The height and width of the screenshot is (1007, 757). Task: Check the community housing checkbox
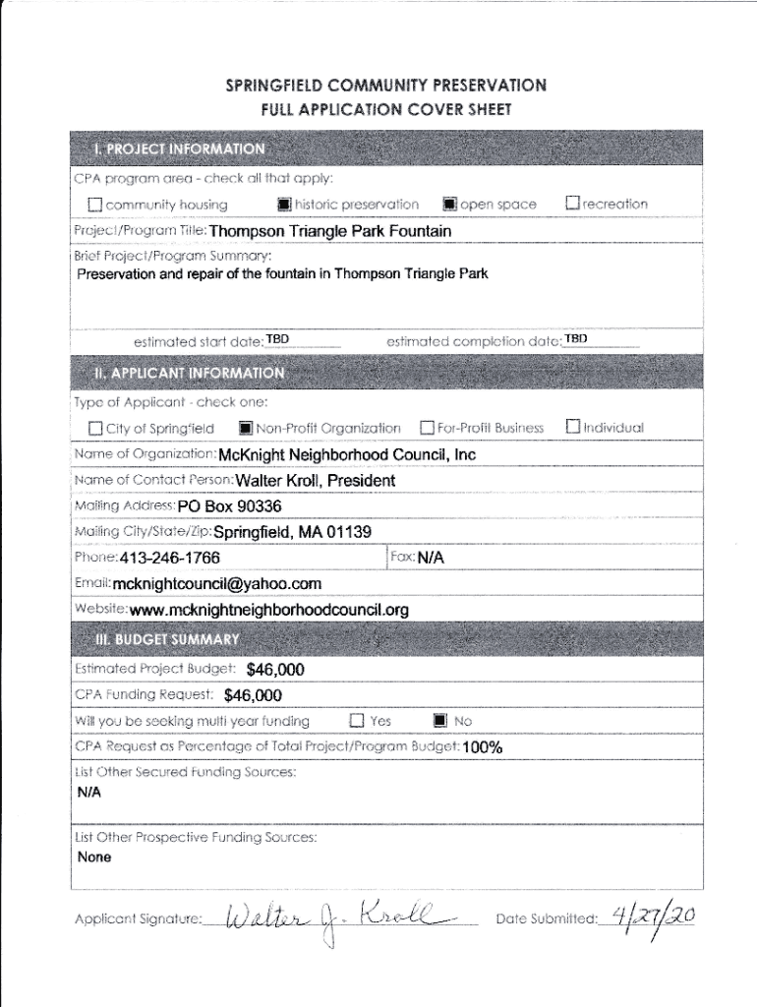tap(95, 206)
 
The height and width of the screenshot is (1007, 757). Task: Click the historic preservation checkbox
tap(284, 205)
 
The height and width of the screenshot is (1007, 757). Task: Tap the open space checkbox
tap(449, 205)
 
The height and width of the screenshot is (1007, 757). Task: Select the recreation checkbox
tap(572, 204)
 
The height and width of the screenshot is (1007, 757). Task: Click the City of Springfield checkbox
tap(95, 429)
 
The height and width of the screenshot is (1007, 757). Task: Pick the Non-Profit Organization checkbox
tap(246, 429)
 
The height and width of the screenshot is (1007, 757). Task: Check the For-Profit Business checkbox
tap(427, 428)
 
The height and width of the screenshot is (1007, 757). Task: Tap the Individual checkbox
tap(572, 427)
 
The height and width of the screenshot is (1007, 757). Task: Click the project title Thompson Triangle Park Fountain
tap(330, 232)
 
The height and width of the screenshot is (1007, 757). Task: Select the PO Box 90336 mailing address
tap(230, 506)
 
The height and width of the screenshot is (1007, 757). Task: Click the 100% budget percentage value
tap(483, 747)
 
